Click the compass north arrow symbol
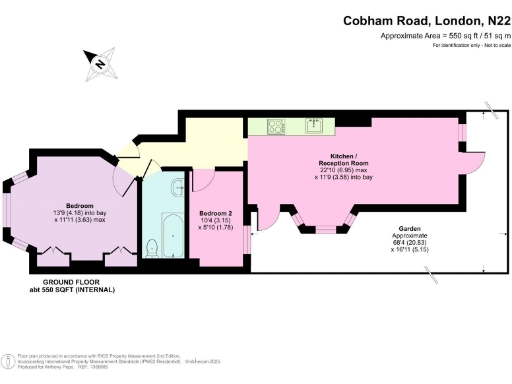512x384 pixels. point(99,65)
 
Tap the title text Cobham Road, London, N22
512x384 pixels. point(427,19)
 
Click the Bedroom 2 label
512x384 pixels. point(216,213)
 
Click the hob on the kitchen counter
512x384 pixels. point(275,126)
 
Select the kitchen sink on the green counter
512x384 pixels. point(313,125)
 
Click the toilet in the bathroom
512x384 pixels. point(153,246)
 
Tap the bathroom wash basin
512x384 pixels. point(176,184)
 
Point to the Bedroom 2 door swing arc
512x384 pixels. point(201,180)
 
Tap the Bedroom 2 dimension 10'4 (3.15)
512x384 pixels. point(216,220)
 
